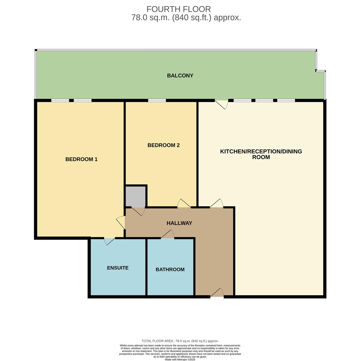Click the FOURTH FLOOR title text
point(179,9)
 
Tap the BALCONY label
point(180,76)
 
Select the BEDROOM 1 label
point(81,159)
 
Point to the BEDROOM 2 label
point(163,145)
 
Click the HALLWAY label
point(179,223)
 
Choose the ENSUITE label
point(118,268)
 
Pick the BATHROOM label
point(170,269)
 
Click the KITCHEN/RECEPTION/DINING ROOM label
point(261,154)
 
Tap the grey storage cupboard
point(135,196)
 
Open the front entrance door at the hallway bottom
point(217,293)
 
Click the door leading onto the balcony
point(221,104)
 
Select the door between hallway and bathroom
point(168,235)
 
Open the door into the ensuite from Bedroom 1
point(109,241)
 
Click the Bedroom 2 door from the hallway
point(184,204)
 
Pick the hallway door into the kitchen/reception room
point(216,204)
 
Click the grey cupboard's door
point(138,211)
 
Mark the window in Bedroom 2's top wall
point(157,100)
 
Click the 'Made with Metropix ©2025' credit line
point(180,359)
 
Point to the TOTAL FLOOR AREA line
point(180,341)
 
